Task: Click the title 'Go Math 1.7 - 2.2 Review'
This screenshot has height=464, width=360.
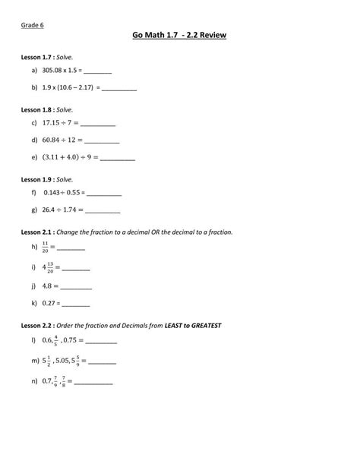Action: (x=180, y=36)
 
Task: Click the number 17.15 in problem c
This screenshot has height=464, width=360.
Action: (x=53, y=123)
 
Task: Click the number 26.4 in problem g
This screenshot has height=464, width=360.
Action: (x=52, y=210)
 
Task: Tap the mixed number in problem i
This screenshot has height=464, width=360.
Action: (x=48, y=267)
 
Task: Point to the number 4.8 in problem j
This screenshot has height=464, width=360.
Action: (x=48, y=286)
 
